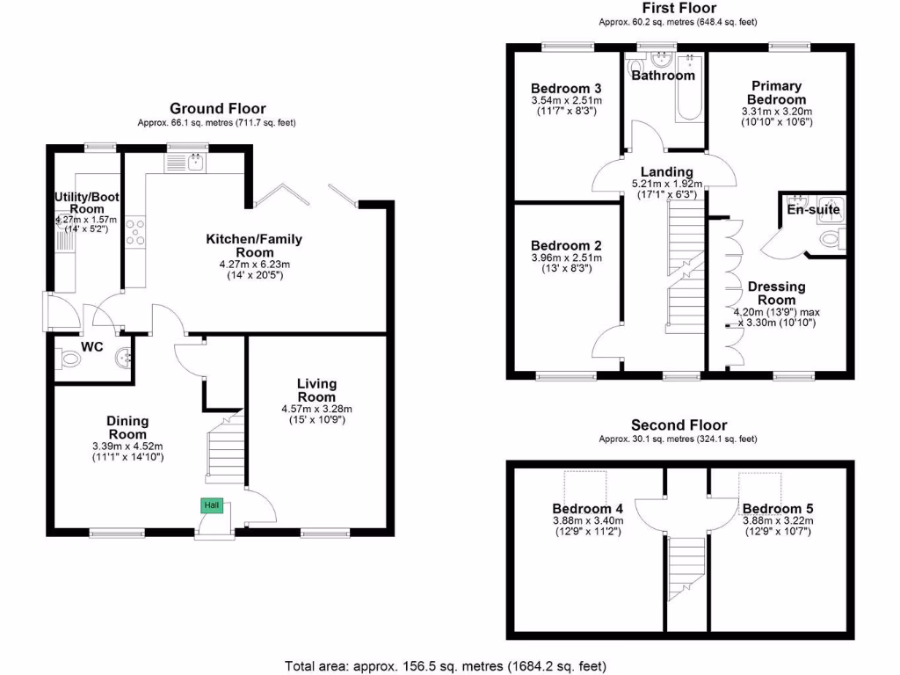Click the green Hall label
pos(212,505)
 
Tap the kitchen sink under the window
pos(186,161)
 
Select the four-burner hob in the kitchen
pos(136,232)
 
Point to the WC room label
pos(92,347)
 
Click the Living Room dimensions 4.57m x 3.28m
pos(316,409)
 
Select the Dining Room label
pos(127,428)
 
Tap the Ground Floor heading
pos(217,108)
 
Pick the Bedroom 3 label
pos(566,88)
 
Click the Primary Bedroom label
pos(776,92)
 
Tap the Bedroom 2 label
pos(566,245)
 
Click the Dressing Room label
pos(775,294)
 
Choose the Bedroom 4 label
pos(587,508)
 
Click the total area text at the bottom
pos(446,665)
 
